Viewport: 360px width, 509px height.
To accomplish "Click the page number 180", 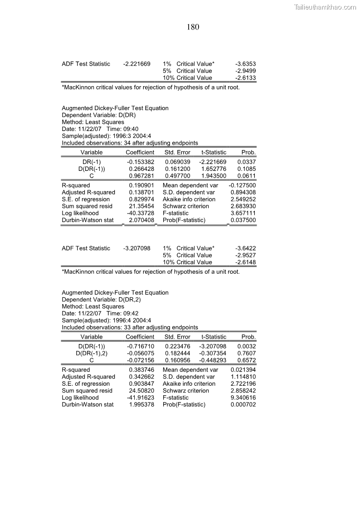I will click(193, 27).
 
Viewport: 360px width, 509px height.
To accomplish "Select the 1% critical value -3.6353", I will click(246, 64).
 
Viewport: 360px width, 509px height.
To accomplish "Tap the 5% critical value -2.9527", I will click(246, 255).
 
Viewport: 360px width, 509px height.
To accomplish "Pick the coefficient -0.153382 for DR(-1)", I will click(141, 162).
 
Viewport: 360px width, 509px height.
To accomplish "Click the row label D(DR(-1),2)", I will click(92, 353).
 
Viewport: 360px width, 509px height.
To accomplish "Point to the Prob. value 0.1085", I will click(247, 169).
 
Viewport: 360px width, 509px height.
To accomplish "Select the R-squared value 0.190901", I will click(141, 185).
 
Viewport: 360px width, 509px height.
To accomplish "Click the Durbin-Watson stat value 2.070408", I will click(141, 220).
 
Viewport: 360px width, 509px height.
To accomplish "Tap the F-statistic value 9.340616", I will click(243, 398).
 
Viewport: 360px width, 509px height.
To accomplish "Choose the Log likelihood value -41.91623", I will click(141, 398).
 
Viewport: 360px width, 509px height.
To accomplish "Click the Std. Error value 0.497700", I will click(177, 175).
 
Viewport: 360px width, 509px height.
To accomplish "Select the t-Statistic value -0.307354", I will click(213, 353).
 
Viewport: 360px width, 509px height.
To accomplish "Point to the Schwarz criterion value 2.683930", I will click(243, 206).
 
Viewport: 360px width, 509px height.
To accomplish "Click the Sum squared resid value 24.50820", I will click(141, 391).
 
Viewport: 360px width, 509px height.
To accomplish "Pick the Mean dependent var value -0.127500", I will click(242, 185).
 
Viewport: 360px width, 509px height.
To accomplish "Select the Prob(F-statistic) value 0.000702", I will click(243, 405).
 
